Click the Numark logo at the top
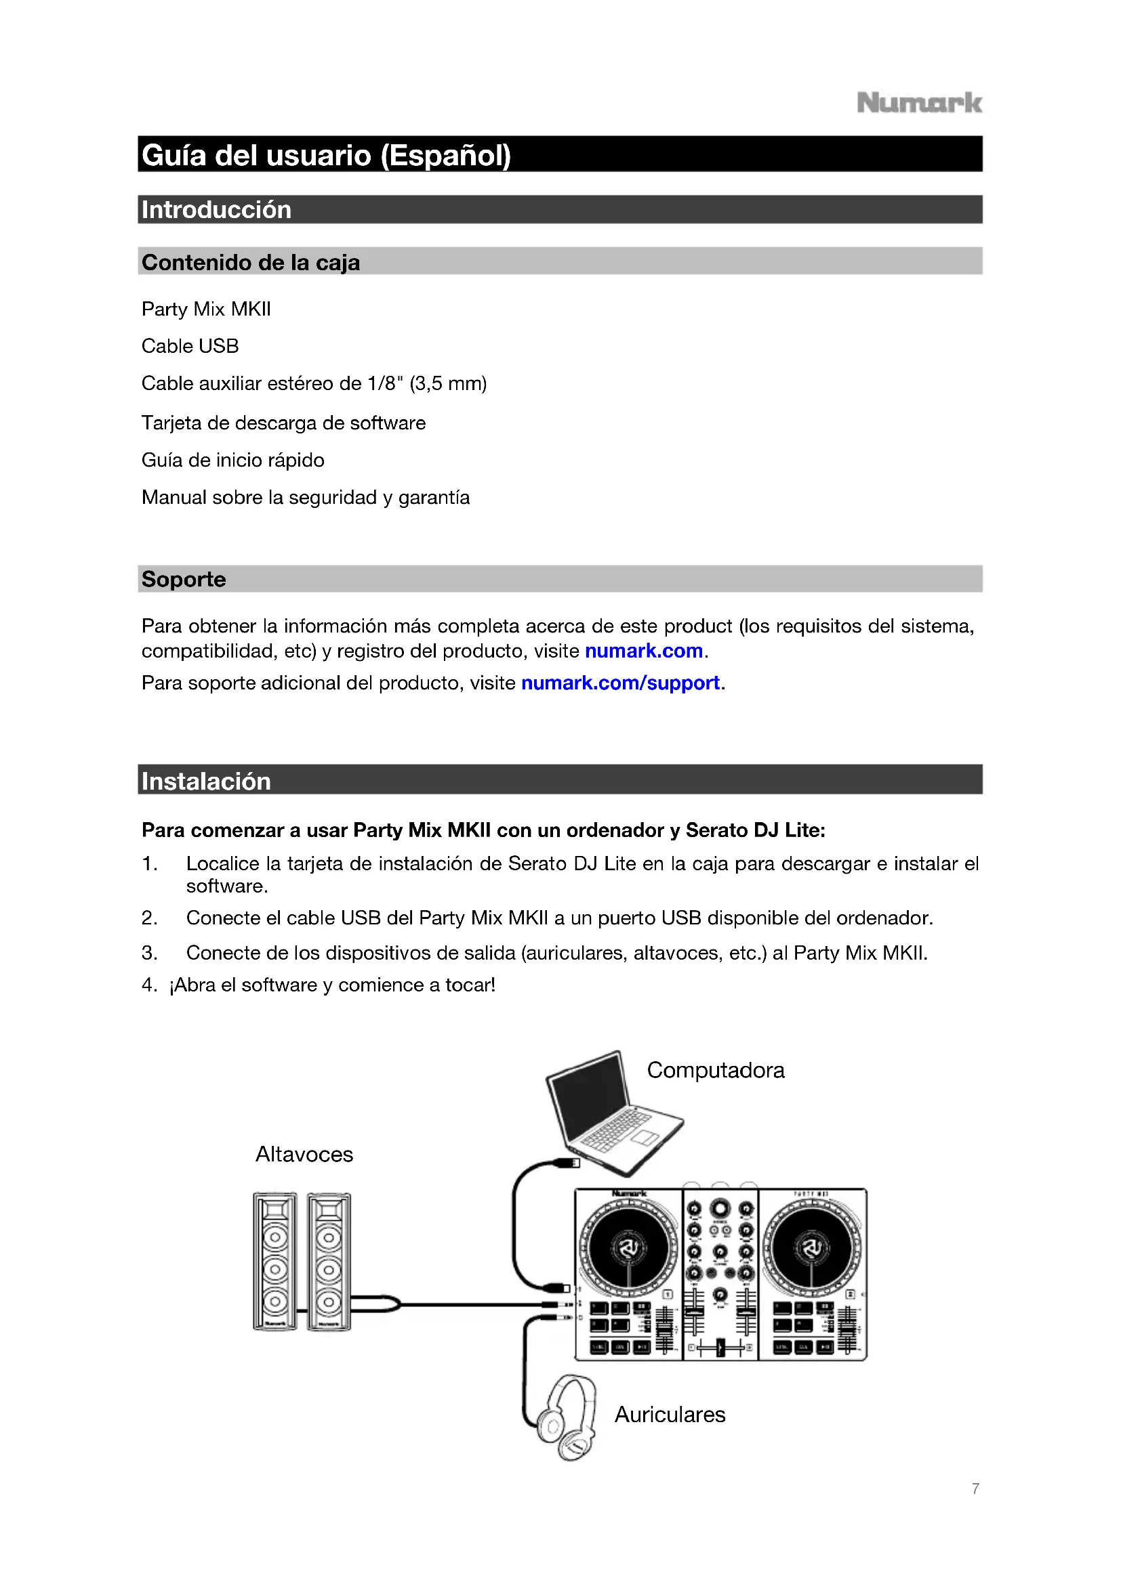pyautogui.click(x=919, y=104)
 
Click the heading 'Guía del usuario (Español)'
pyautogui.click(x=326, y=155)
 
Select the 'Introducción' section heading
pyautogui.click(x=216, y=210)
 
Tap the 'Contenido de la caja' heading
pyautogui.click(x=251, y=262)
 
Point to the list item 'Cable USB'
pyautogui.click(x=190, y=345)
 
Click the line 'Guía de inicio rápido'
pyautogui.click(x=232, y=460)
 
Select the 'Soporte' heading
pyautogui.click(x=184, y=579)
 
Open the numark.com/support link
pyautogui.click(x=620, y=683)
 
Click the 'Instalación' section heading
pyautogui.click(x=206, y=781)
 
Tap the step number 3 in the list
pyautogui.click(x=149, y=953)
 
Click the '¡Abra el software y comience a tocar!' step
pyautogui.click(x=332, y=985)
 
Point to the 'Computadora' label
pyautogui.click(x=715, y=1070)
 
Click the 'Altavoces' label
pyautogui.click(x=304, y=1154)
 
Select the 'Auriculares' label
pyautogui.click(x=670, y=1414)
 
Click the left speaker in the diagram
pyautogui.click(x=274, y=1260)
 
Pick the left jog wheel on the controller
pyautogui.click(x=628, y=1247)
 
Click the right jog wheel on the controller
pyautogui.click(x=812, y=1247)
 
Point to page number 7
pyautogui.click(x=975, y=1489)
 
